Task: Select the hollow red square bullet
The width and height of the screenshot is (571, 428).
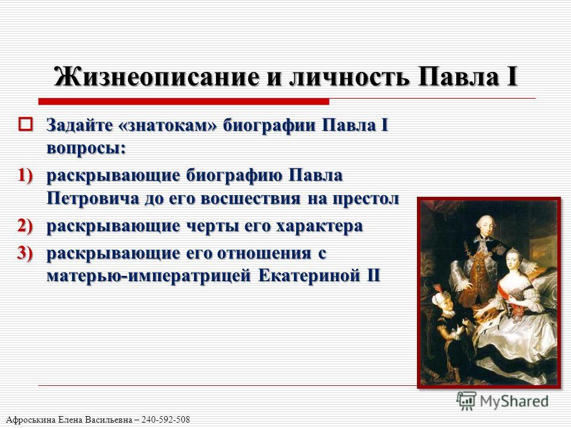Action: [26, 124]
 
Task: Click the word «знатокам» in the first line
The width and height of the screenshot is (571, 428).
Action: [168, 125]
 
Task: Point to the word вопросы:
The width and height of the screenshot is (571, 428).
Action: [86, 149]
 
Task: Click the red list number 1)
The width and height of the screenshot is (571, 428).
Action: [26, 175]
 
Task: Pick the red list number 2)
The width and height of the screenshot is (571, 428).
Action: [26, 226]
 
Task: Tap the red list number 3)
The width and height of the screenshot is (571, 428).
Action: [26, 253]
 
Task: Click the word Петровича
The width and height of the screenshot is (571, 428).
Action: [93, 199]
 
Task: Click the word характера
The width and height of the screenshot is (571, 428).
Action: [319, 226]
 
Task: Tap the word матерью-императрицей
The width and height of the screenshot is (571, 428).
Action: [149, 275]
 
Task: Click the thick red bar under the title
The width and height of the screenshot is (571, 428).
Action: [184, 102]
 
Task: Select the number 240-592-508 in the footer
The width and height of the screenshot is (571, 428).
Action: [166, 420]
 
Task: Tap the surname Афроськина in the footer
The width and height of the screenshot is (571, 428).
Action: [32, 420]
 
